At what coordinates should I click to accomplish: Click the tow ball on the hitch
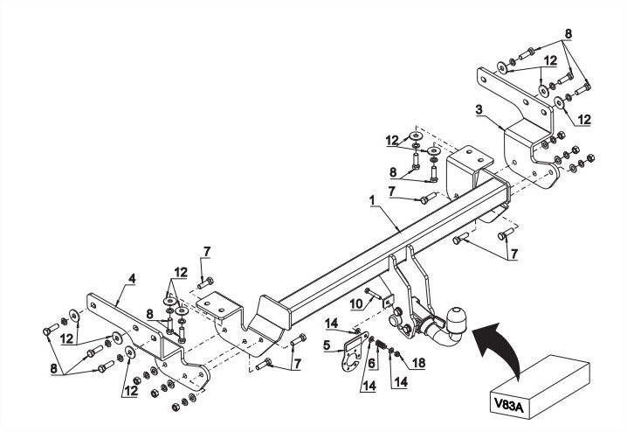tap(456, 319)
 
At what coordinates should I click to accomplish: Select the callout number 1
tap(372, 200)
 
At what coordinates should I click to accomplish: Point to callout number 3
tap(479, 109)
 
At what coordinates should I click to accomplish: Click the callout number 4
tap(132, 278)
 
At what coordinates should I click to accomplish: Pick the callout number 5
tap(327, 345)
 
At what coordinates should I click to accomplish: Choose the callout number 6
tap(372, 363)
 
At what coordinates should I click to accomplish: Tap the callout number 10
tap(356, 304)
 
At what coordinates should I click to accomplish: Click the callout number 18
tap(418, 363)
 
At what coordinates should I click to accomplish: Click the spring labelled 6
tap(382, 345)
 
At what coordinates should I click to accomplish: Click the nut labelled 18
tap(397, 354)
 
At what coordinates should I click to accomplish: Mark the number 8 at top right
tap(568, 34)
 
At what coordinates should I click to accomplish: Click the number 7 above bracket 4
tap(207, 252)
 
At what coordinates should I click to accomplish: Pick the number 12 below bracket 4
tap(131, 390)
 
